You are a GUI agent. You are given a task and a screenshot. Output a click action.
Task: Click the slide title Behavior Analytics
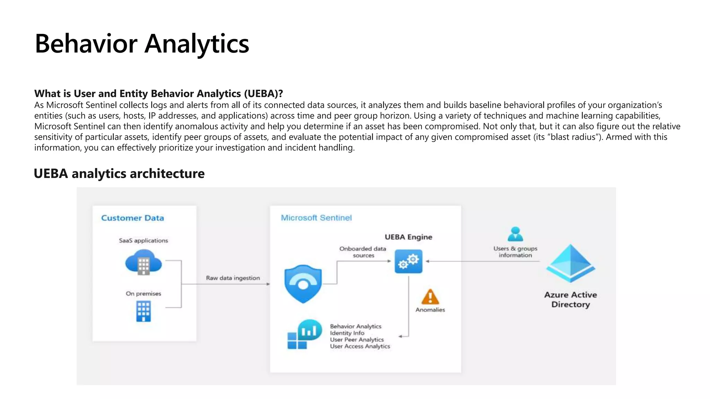coord(142,44)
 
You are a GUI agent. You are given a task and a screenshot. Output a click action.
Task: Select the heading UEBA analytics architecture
coord(119,174)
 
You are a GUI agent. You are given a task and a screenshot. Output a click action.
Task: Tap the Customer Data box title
coord(132,218)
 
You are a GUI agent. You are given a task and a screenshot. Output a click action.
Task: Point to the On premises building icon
coord(144,311)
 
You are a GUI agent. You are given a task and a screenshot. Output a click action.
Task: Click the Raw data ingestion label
coord(233,278)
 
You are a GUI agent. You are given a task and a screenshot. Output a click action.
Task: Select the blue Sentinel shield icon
coord(303,284)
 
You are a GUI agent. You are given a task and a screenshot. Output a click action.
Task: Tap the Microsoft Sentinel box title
coord(316,218)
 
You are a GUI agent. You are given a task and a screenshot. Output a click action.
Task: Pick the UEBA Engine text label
coord(408,237)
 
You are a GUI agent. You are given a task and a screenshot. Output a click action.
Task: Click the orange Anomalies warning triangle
coord(430,297)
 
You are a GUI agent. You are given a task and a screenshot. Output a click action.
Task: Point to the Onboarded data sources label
coord(363,252)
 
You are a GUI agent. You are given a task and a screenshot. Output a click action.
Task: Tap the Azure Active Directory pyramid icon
coord(571,263)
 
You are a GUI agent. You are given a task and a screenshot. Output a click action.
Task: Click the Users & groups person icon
coord(515,234)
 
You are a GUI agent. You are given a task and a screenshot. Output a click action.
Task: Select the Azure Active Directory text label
coord(571,300)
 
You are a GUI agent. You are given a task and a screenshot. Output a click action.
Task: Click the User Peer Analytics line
coord(357,339)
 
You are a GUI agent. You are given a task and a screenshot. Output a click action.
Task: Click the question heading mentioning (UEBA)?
coord(158,94)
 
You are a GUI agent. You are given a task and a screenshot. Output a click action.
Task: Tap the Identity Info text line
coord(347,333)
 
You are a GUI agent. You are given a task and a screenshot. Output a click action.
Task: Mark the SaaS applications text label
coord(144,240)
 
